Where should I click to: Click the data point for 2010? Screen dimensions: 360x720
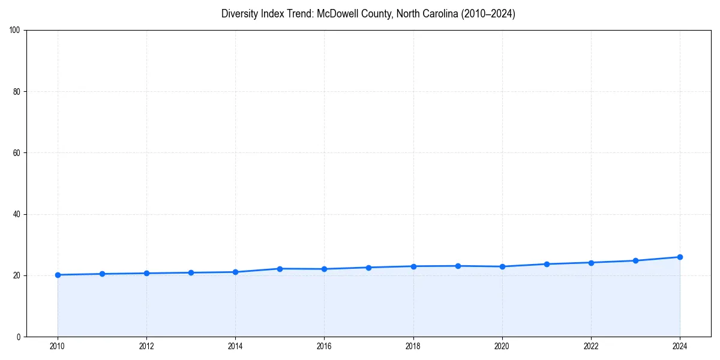(58, 275)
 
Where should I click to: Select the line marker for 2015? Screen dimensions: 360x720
(280, 269)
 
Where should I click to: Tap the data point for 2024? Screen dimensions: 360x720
(680, 257)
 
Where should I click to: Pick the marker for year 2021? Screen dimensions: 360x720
(547, 264)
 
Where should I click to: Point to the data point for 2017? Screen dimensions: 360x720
(368, 268)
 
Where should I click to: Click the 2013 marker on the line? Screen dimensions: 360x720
(191, 272)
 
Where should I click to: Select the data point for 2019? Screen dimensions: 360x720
(458, 266)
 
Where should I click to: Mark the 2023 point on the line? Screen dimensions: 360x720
(635, 260)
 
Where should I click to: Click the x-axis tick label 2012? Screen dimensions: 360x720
(146, 346)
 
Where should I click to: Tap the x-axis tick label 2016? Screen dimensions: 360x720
(324, 346)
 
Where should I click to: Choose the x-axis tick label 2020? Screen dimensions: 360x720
(502, 346)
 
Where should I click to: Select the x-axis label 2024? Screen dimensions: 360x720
(680, 346)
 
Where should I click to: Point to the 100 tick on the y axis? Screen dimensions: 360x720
(15, 31)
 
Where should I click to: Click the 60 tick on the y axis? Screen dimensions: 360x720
(17, 153)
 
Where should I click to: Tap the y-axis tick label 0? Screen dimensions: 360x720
(19, 337)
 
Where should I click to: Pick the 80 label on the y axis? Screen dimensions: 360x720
(17, 92)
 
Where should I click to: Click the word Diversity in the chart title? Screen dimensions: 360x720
(239, 14)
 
